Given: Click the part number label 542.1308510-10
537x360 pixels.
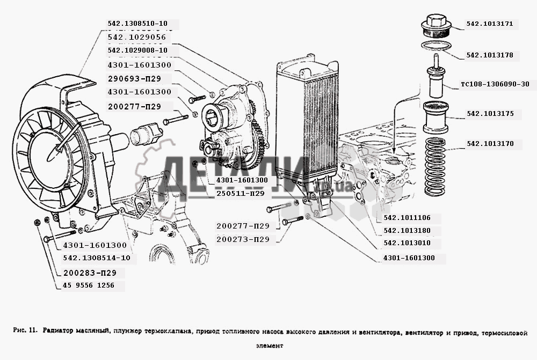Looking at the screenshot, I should coord(137,24).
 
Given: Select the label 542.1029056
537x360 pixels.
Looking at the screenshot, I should coord(136,38).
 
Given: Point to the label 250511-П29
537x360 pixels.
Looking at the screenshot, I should coord(241,193).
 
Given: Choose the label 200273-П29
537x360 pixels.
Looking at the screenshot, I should coord(243,239).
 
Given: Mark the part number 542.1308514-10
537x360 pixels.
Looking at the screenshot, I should coord(96,258).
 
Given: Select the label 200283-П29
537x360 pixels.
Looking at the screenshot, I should coord(90,273).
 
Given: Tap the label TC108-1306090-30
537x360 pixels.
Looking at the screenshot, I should coord(495,84).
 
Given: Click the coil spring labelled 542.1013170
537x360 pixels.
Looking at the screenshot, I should coord(436,160).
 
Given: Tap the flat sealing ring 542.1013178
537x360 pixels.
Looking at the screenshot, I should coord(434,46).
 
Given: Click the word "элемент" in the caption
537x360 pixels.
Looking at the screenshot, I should coord(268,346).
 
